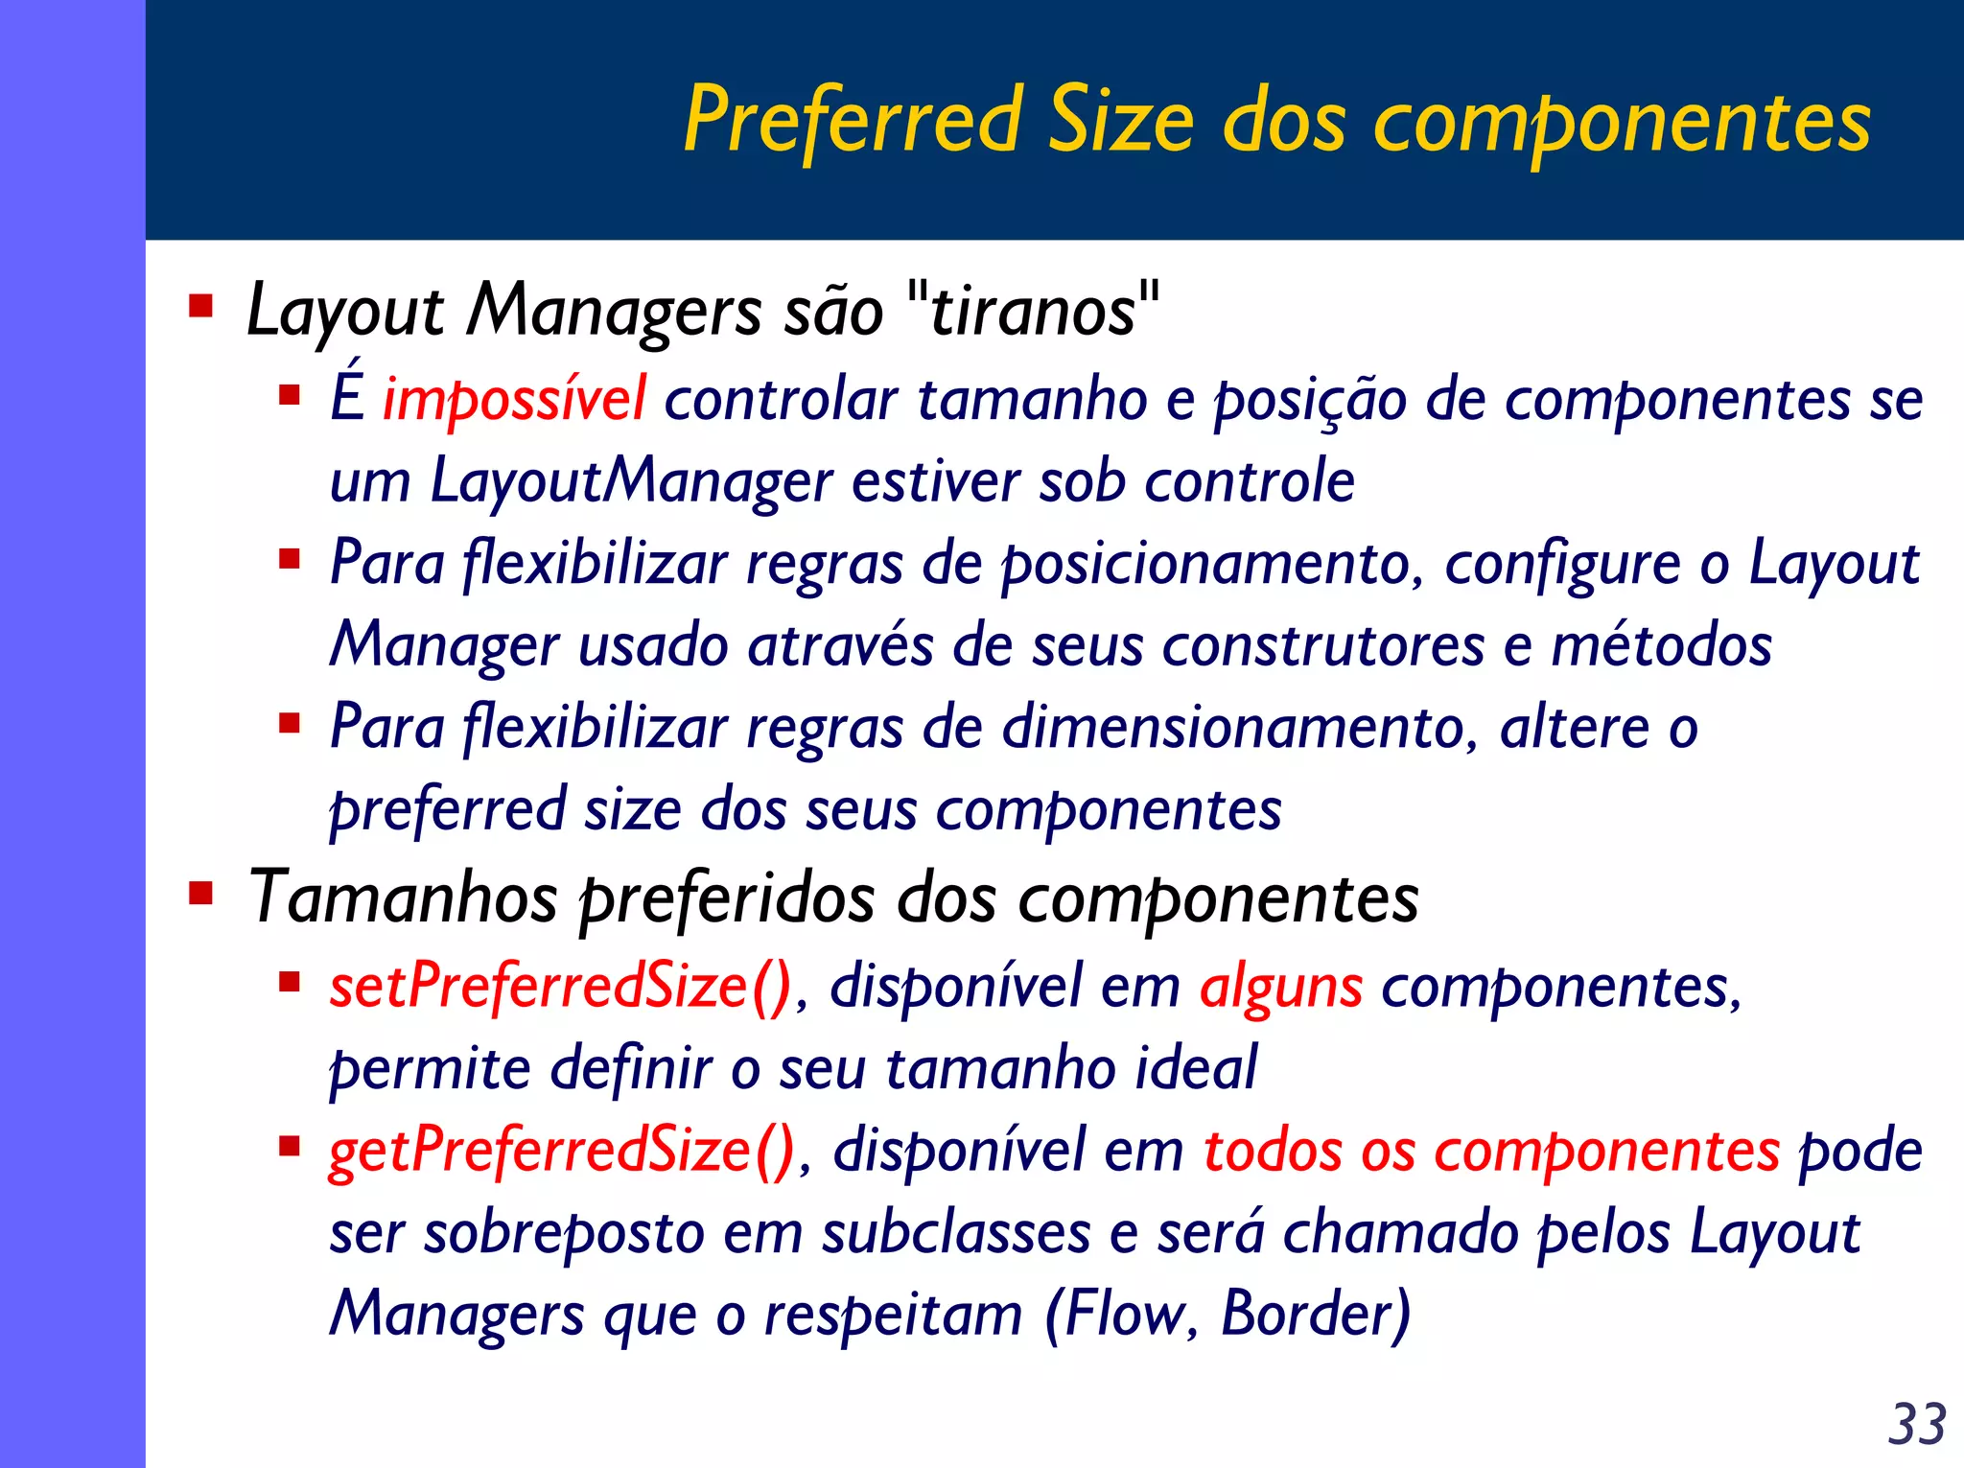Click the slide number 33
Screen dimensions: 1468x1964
coord(1916,1424)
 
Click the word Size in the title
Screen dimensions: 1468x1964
coord(1122,121)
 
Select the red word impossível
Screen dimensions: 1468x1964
coord(514,400)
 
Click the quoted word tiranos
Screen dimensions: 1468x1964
coord(1033,312)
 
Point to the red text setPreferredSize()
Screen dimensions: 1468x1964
coord(561,986)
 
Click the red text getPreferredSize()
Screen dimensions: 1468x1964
coord(562,1150)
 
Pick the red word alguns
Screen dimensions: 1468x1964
coord(1280,988)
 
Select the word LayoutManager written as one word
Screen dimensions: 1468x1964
coord(631,481)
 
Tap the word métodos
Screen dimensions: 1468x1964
coord(1661,645)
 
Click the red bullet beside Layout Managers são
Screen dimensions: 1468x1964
coord(201,307)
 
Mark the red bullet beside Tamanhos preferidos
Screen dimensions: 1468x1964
coord(201,894)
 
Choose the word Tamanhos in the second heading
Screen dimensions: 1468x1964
coord(403,898)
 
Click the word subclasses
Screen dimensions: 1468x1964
coord(956,1232)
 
